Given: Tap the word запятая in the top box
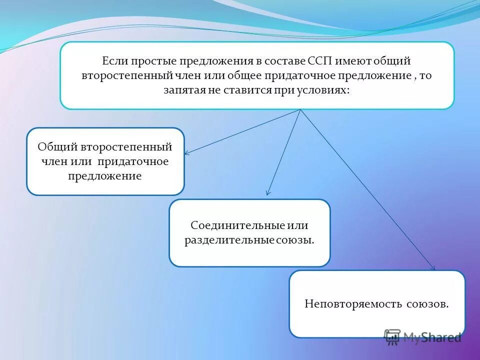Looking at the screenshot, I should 182,90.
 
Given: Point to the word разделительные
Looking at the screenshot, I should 229,240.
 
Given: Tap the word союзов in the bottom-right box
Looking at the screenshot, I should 428,303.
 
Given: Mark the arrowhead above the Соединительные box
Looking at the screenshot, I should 268,193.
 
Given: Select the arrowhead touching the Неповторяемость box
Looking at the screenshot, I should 433,268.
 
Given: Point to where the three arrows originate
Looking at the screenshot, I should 300,109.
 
